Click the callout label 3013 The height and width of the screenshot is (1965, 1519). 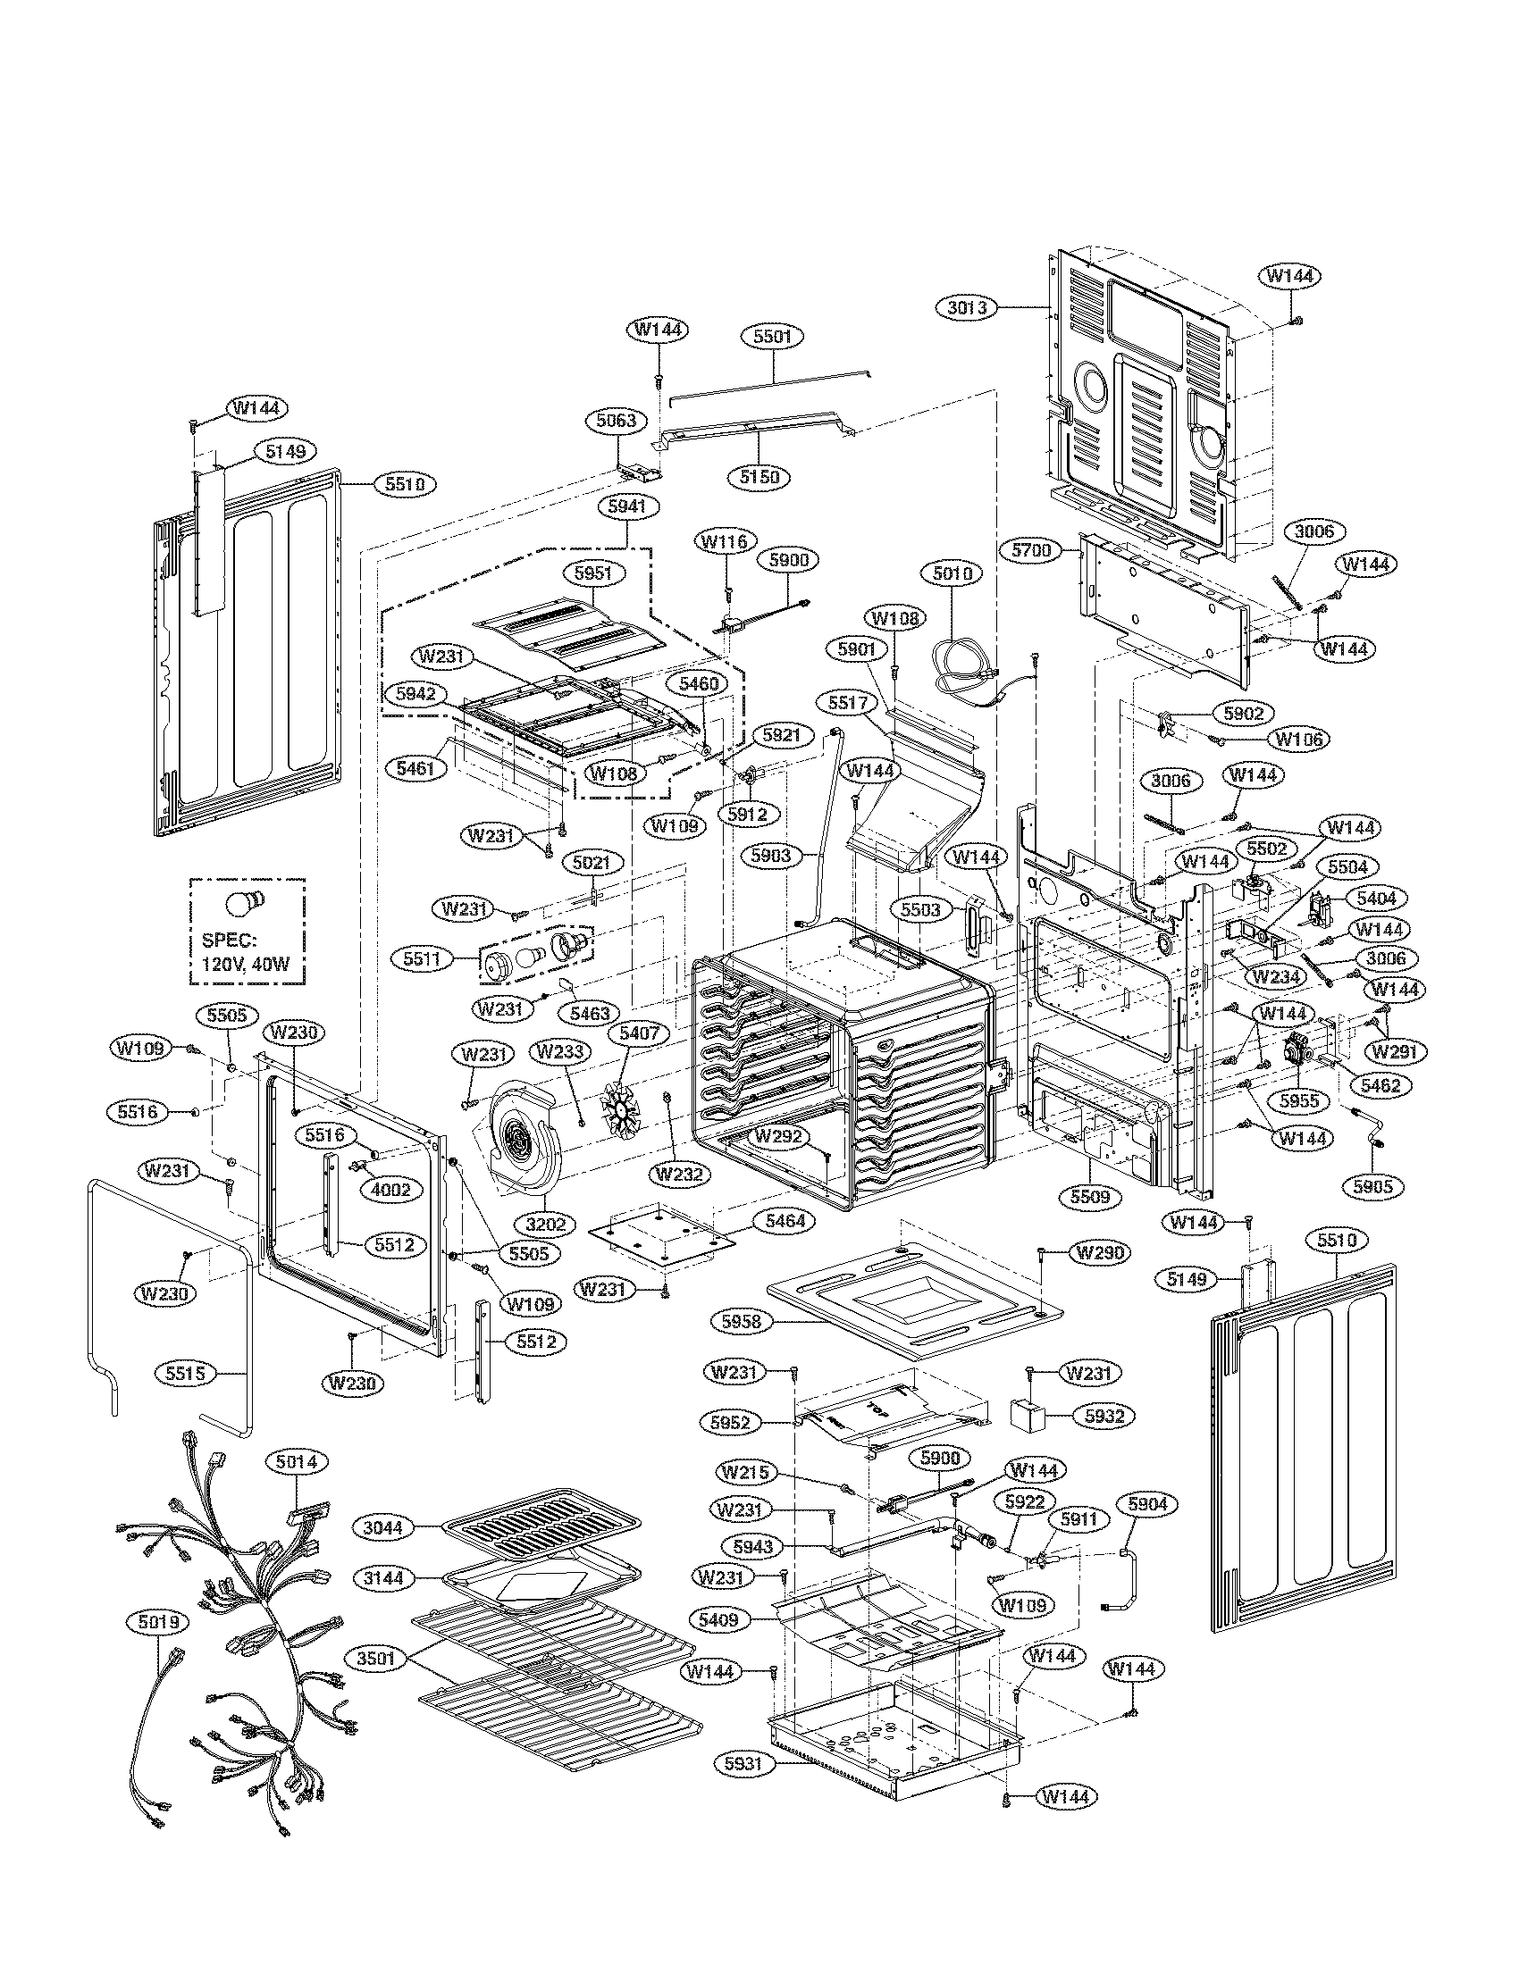969,308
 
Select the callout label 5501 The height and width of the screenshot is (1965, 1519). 772,337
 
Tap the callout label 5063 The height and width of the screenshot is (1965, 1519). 617,420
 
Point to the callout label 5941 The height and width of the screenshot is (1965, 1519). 626,506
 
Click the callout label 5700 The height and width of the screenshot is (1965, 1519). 1031,550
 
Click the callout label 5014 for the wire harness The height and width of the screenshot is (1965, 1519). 296,1462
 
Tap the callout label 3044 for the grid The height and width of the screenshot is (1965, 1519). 384,1526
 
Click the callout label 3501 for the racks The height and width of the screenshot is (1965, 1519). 376,1659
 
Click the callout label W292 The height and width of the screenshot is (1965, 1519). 780,1135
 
